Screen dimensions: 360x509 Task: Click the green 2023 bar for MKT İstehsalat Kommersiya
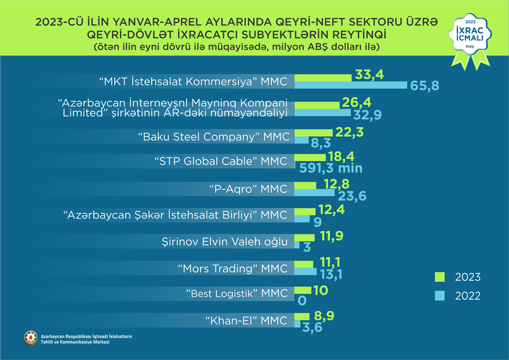pos(323,77)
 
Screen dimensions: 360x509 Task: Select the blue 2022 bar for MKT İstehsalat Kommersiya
pos(351,85)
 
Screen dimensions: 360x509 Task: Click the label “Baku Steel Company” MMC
pos(214,137)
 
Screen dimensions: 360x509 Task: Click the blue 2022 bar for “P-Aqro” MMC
pos(314,193)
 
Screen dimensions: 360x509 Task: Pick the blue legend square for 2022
pos(439,295)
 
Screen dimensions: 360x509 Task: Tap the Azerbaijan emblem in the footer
pos(31,339)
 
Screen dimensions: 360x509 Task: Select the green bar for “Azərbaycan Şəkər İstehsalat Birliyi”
pos(304,211)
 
